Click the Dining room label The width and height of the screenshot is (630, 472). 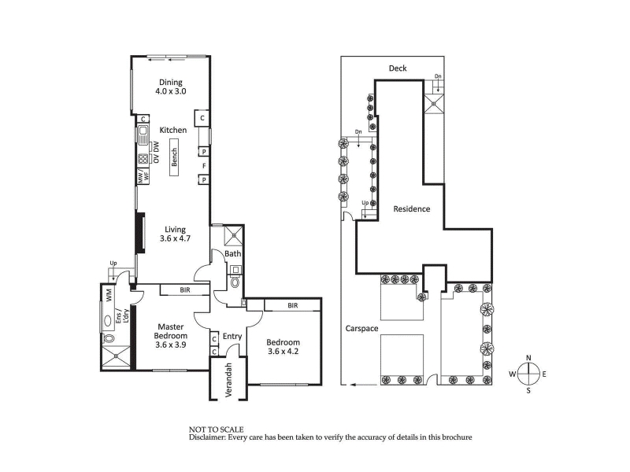[171, 83]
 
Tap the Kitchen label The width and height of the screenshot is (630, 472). [173, 130]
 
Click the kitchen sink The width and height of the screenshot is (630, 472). [143, 135]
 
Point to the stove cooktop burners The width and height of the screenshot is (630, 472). [143, 160]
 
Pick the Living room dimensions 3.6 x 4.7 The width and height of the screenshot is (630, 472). [175, 238]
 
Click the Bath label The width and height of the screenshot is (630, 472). [232, 253]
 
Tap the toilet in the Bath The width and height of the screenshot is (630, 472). [235, 282]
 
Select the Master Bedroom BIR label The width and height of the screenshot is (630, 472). [185, 289]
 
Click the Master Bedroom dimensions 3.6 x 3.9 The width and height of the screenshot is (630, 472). [171, 345]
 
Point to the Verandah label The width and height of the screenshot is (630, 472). [228, 380]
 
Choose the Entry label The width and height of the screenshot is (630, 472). [232, 337]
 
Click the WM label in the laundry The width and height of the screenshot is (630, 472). [109, 296]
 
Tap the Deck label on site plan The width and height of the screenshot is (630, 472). [398, 68]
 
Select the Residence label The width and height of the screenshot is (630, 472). [411, 208]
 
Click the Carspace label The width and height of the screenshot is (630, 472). [362, 329]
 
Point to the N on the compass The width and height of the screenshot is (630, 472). [528, 358]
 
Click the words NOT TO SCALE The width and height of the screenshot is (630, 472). [216, 430]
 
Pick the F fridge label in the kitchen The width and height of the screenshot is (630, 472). [204, 166]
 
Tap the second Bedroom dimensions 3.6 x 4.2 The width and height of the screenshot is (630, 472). [283, 352]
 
